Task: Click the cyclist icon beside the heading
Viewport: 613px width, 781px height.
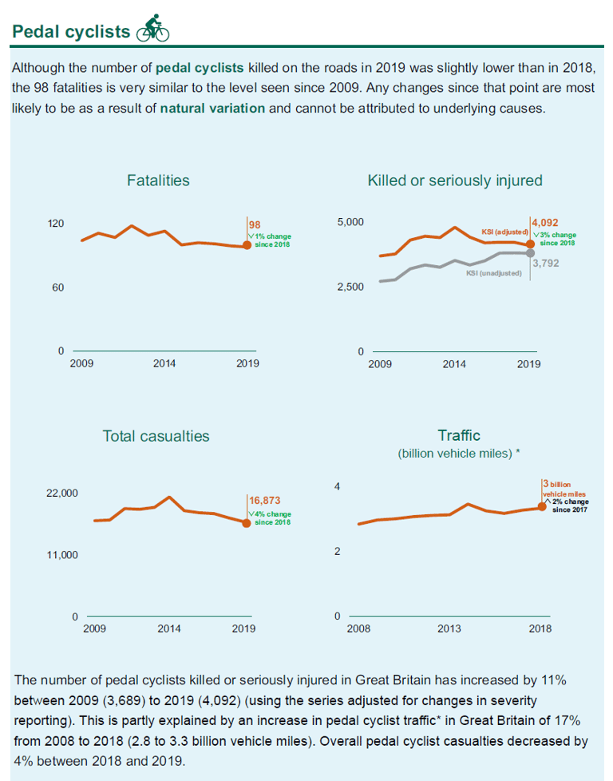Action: pos(153,28)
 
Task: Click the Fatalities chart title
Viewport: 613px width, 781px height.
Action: pos(158,180)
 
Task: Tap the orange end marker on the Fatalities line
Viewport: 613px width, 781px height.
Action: pos(247,245)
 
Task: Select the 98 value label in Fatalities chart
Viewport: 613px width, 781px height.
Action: pos(255,225)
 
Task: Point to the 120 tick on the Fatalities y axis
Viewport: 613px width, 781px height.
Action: pos(56,223)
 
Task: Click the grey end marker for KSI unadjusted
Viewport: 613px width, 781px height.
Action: pos(530,253)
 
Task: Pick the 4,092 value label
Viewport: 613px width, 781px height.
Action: pos(545,223)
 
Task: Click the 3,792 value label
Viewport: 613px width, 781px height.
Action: pos(546,263)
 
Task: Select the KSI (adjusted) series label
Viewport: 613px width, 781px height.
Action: pos(505,232)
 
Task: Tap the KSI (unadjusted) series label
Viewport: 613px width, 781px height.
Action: pos(494,273)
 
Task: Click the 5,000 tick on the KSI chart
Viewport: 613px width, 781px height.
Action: pos(350,222)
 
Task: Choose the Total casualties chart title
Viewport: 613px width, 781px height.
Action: pos(156,436)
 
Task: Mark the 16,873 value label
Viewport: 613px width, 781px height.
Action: pos(265,501)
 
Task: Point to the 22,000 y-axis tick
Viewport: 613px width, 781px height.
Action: pos(62,493)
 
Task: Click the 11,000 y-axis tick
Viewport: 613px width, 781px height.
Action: pos(62,555)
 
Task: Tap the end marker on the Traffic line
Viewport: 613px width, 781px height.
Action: pos(542,507)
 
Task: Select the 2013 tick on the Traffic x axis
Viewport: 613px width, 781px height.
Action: pos(449,628)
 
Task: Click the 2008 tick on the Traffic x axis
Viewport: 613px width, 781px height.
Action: pos(358,628)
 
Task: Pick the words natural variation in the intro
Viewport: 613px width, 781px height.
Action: pos(212,108)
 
